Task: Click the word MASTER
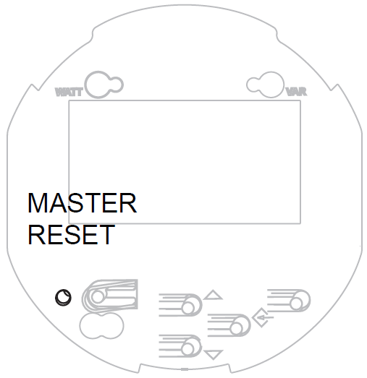[83, 203]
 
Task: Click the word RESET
[72, 234]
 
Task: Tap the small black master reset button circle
[63, 297]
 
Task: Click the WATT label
[69, 92]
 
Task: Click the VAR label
[296, 92]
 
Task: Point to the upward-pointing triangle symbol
[213, 295]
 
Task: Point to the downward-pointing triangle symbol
[214, 355]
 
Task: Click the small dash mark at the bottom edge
[185, 369]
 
